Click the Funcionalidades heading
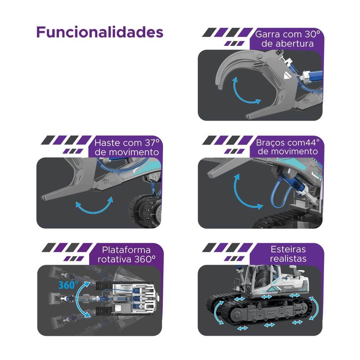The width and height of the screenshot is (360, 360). pyautogui.click(x=99, y=32)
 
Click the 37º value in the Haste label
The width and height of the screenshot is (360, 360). pyautogui.click(x=152, y=143)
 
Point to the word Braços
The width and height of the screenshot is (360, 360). pyautogui.click(x=270, y=143)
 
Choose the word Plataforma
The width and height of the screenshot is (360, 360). pyautogui.click(x=126, y=250)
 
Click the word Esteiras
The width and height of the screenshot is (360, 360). pyautogui.click(x=288, y=249)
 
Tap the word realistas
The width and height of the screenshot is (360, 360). pyautogui.click(x=288, y=258)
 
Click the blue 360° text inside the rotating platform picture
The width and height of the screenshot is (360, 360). pyautogui.click(x=68, y=285)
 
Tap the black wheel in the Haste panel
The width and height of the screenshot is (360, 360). pyautogui.click(x=145, y=211)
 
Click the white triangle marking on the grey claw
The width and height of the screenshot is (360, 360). pyautogui.click(x=286, y=76)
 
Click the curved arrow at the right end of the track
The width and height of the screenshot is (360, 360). pyautogui.click(x=315, y=308)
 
